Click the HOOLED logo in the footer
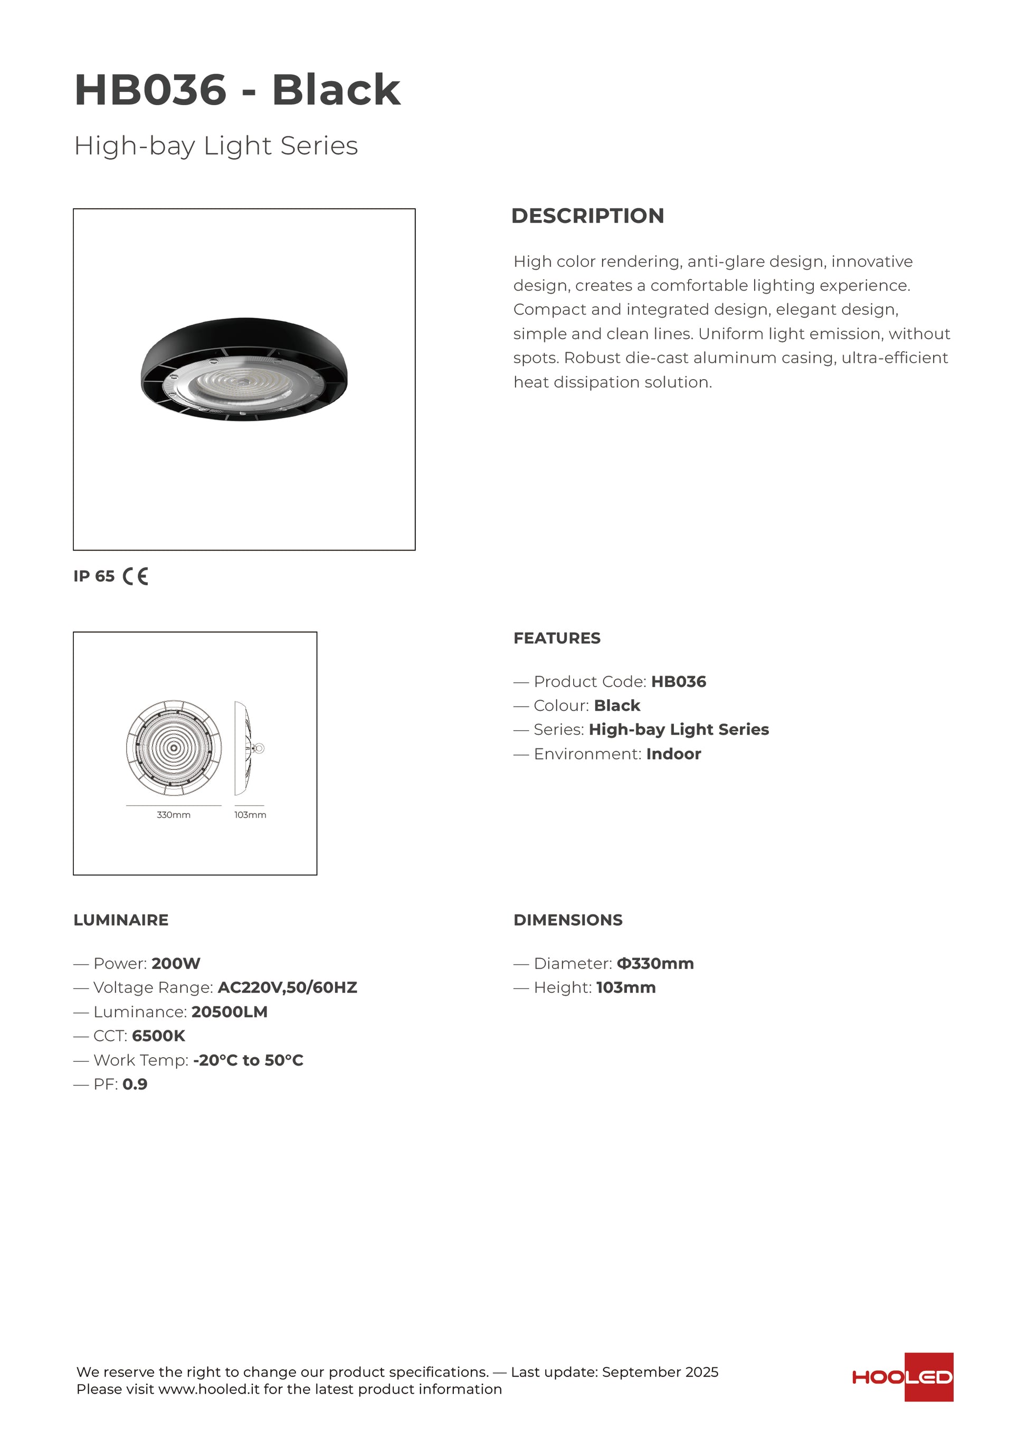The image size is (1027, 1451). [x=902, y=1377]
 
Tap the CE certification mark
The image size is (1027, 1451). [x=135, y=576]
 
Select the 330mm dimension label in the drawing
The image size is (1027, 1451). [x=173, y=815]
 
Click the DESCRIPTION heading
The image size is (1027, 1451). [x=587, y=216]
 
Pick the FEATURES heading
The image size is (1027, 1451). [x=556, y=639]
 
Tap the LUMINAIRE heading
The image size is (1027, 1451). [x=121, y=920]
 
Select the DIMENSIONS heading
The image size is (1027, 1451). [x=567, y=920]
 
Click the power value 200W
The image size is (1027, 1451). [x=176, y=964]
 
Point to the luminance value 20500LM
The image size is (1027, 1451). [x=230, y=1012]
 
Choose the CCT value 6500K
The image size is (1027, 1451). [x=159, y=1036]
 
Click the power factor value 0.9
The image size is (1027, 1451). [x=135, y=1085]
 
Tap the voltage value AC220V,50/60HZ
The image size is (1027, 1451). [x=287, y=988]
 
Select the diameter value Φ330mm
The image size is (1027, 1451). [x=655, y=964]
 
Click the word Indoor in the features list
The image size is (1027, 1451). [x=673, y=754]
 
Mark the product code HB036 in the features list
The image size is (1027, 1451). [x=679, y=682]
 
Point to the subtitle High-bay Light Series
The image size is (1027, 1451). [x=216, y=146]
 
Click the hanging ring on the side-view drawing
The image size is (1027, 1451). [x=259, y=748]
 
